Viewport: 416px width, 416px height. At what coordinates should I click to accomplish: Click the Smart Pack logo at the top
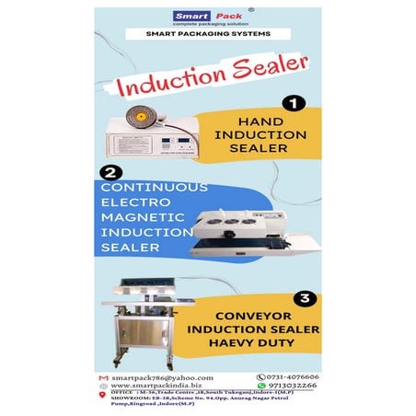(207, 17)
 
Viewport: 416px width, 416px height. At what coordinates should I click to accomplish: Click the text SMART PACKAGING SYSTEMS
(207, 35)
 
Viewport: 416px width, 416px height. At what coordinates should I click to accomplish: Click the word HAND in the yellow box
(267, 121)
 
